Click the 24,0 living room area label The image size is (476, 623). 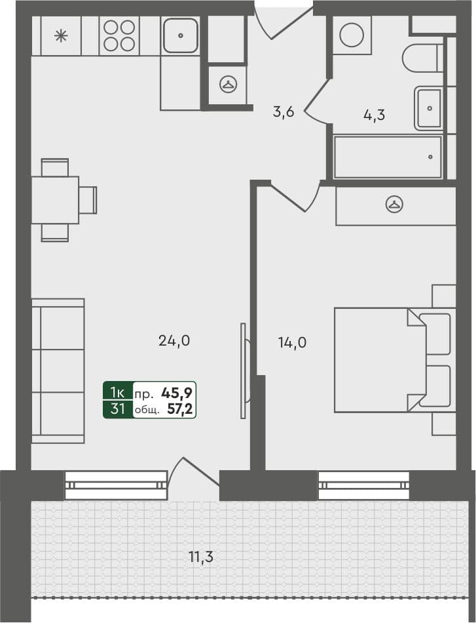coord(174,340)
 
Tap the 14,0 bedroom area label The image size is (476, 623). coord(292,342)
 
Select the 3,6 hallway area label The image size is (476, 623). coord(284,111)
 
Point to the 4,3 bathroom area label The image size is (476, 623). coord(374,115)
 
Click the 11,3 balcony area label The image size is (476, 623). coord(201,558)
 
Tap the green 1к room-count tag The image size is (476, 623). coord(118,393)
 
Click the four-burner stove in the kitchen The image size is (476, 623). coord(119,35)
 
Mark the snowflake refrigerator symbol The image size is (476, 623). coord(60,35)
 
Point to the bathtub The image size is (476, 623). coord(388,157)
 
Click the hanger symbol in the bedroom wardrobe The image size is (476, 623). coord(394,205)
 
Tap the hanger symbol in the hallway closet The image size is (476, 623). coord(227,85)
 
